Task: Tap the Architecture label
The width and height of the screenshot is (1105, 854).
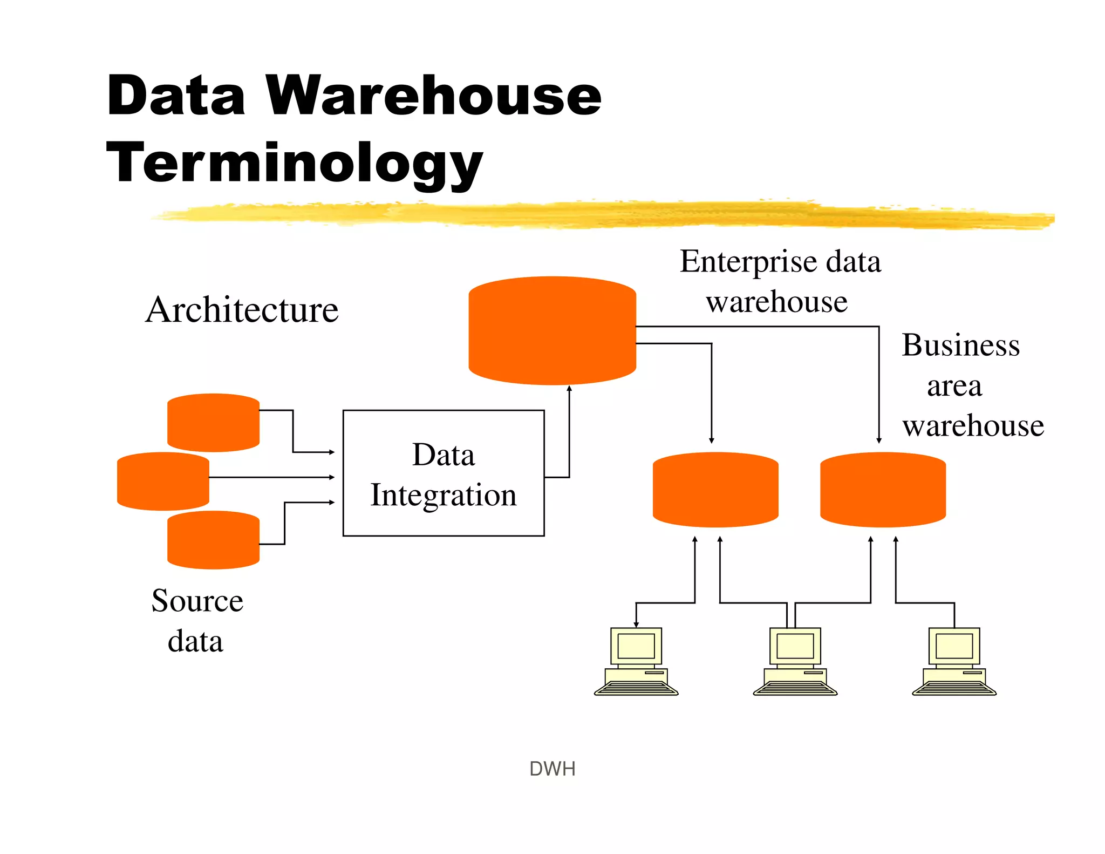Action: (x=242, y=310)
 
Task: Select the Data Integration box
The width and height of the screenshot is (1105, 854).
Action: (x=444, y=473)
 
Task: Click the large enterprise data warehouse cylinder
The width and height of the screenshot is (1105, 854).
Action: (x=552, y=330)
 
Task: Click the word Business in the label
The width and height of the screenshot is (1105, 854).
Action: (x=960, y=345)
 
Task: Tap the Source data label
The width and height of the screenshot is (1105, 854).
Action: (x=196, y=621)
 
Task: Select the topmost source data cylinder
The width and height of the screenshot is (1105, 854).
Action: (x=213, y=423)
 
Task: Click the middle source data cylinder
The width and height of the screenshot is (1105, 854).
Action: (x=163, y=481)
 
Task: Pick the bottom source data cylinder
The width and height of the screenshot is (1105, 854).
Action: (x=213, y=540)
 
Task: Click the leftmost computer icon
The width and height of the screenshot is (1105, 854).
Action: (x=636, y=661)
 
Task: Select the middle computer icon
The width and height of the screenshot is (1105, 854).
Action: (x=795, y=661)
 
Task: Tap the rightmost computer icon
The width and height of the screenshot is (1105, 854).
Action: (x=954, y=661)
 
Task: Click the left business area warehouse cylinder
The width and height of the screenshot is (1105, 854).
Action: (x=715, y=490)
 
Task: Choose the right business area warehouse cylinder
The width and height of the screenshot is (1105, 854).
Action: (x=883, y=490)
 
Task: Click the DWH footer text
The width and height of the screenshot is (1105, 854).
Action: (x=552, y=769)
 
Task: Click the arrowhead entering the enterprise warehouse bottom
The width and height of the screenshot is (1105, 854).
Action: (x=569, y=389)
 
